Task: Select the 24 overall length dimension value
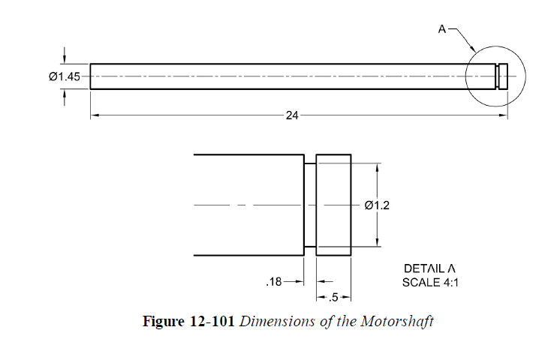pos(292,115)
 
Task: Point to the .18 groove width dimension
pos(274,283)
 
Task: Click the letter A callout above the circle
pos(442,29)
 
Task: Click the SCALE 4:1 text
pos(430,283)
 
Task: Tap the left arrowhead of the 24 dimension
pos(94,115)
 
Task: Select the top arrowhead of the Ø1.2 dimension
pos(377,167)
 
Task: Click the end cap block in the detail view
pos(333,205)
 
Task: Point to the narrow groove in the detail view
pos(309,205)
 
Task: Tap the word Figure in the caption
pos(162,322)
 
